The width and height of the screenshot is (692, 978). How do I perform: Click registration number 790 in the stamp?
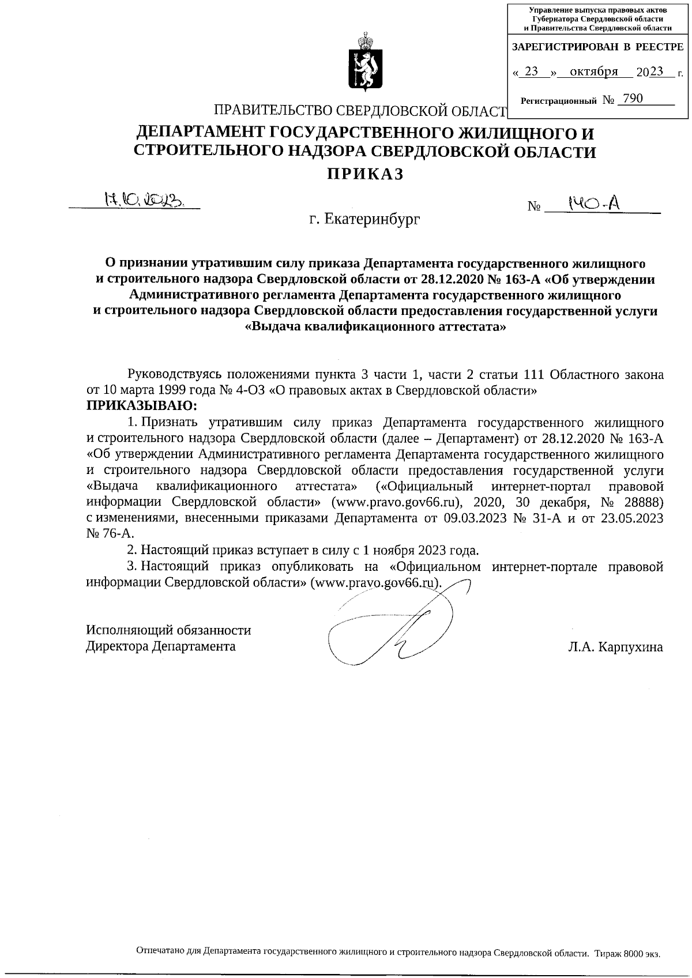point(632,99)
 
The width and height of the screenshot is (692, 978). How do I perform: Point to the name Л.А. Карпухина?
point(615,646)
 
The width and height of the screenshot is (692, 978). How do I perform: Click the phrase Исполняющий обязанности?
point(168,630)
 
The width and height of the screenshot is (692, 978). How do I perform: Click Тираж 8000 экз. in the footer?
point(627,953)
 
